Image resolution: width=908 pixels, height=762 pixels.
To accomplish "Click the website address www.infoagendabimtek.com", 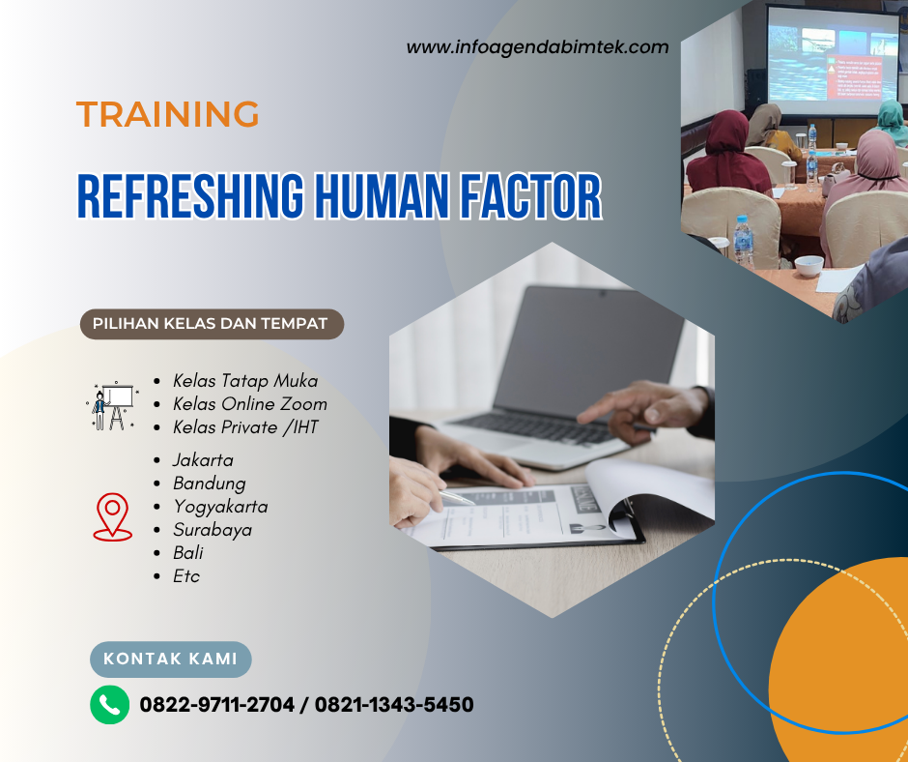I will point(537,46).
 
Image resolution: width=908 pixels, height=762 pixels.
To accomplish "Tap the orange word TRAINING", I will point(168,114).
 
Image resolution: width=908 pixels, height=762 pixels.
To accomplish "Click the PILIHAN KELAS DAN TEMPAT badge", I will point(211,324).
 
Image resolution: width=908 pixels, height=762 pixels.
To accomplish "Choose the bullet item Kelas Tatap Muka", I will point(245,381).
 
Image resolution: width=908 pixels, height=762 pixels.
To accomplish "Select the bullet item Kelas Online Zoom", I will point(250,404).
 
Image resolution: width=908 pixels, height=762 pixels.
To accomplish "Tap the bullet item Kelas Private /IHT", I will point(245,426).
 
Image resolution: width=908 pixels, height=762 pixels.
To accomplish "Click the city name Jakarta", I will point(203,460).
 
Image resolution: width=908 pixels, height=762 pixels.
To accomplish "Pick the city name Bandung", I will point(210,484).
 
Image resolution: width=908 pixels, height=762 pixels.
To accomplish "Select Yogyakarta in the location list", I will point(220,507).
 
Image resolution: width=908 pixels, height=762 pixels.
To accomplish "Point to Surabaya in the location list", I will point(213,530).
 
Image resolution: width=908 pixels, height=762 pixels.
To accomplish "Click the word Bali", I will point(188,553).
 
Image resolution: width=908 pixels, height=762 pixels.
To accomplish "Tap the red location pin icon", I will point(113,515).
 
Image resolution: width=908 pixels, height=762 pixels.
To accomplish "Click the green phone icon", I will point(109,705).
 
